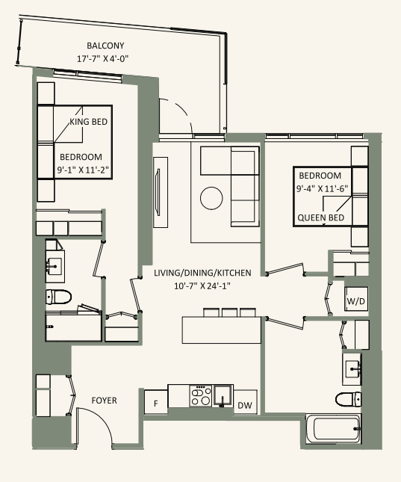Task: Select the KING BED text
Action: click(x=89, y=122)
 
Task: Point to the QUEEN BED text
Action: click(x=320, y=217)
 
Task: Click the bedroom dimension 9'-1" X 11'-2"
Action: click(x=84, y=170)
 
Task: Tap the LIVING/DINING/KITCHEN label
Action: click(x=202, y=273)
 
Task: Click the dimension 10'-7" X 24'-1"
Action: click(x=202, y=285)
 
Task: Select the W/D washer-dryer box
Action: click(x=355, y=301)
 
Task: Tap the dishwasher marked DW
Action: click(x=245, y=405)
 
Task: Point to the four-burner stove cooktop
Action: click(x=200, y=395)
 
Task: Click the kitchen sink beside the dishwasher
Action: click(x=222, y=395)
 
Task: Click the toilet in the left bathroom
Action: click(x=58, y=297)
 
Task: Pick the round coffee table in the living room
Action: click(x=211, y=198)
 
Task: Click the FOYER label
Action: click(x=104, y=401)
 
